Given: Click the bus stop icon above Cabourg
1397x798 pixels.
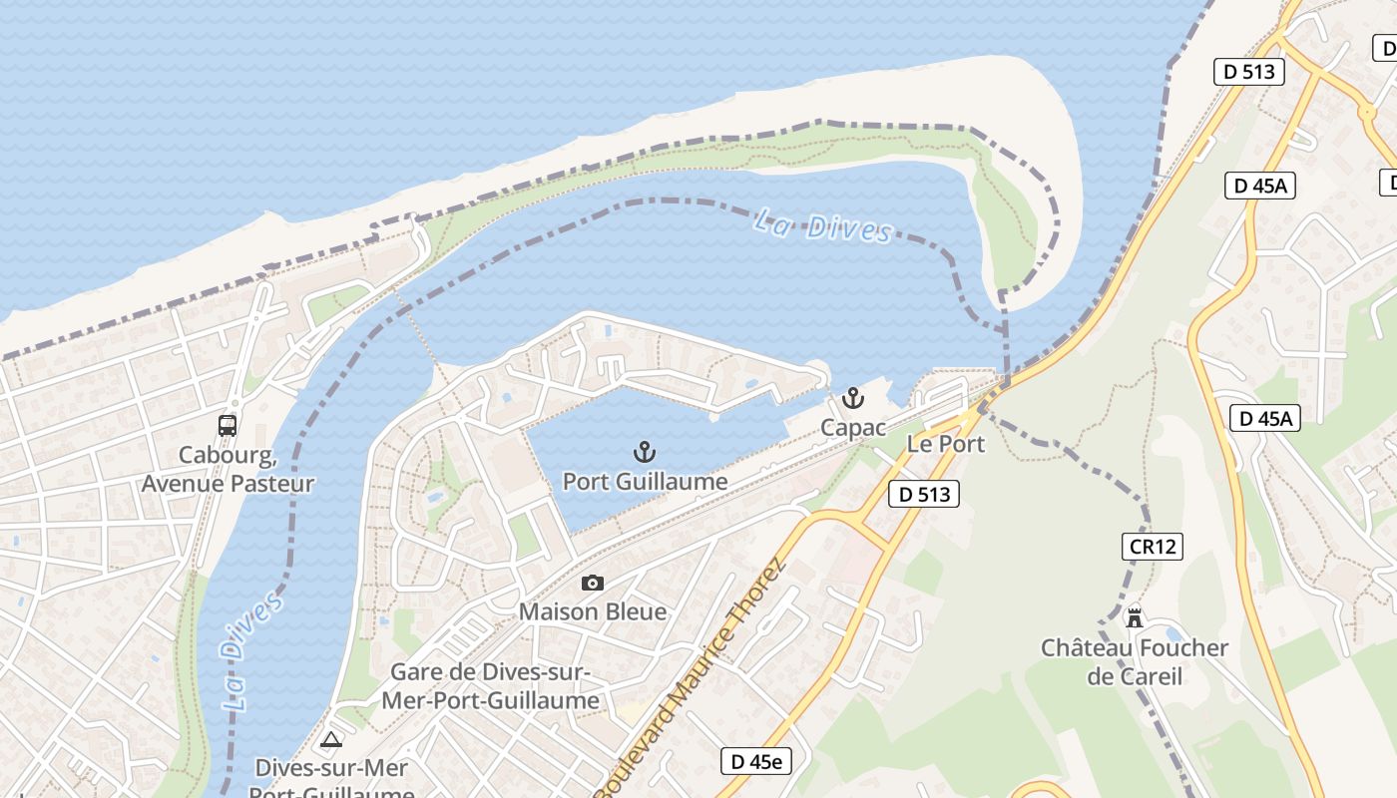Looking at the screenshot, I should point(228,426).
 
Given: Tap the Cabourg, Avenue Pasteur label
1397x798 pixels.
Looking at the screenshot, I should point(228,470).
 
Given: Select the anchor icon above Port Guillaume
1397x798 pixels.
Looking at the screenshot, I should point(644,453).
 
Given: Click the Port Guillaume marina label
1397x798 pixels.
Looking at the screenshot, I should point(645,482).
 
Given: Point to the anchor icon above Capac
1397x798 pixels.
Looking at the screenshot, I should point(852,399).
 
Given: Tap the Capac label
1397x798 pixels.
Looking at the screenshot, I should point(853,428).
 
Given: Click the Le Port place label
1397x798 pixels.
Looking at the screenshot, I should point(945,444).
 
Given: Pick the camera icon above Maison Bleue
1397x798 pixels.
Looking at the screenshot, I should point(593,583).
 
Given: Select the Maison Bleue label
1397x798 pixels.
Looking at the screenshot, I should point(593,611).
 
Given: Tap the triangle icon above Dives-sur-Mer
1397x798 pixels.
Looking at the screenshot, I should point(331,739).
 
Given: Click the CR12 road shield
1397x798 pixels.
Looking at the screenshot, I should point(1153,547).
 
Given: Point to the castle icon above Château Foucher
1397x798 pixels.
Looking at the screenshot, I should point(1135,617).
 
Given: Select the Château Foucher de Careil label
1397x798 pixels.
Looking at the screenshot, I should point(1135,662).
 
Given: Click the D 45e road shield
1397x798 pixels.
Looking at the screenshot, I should point(755,761).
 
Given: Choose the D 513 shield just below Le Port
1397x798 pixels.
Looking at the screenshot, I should point(923,493).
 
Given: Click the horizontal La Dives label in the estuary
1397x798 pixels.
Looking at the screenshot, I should point(823,225).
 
